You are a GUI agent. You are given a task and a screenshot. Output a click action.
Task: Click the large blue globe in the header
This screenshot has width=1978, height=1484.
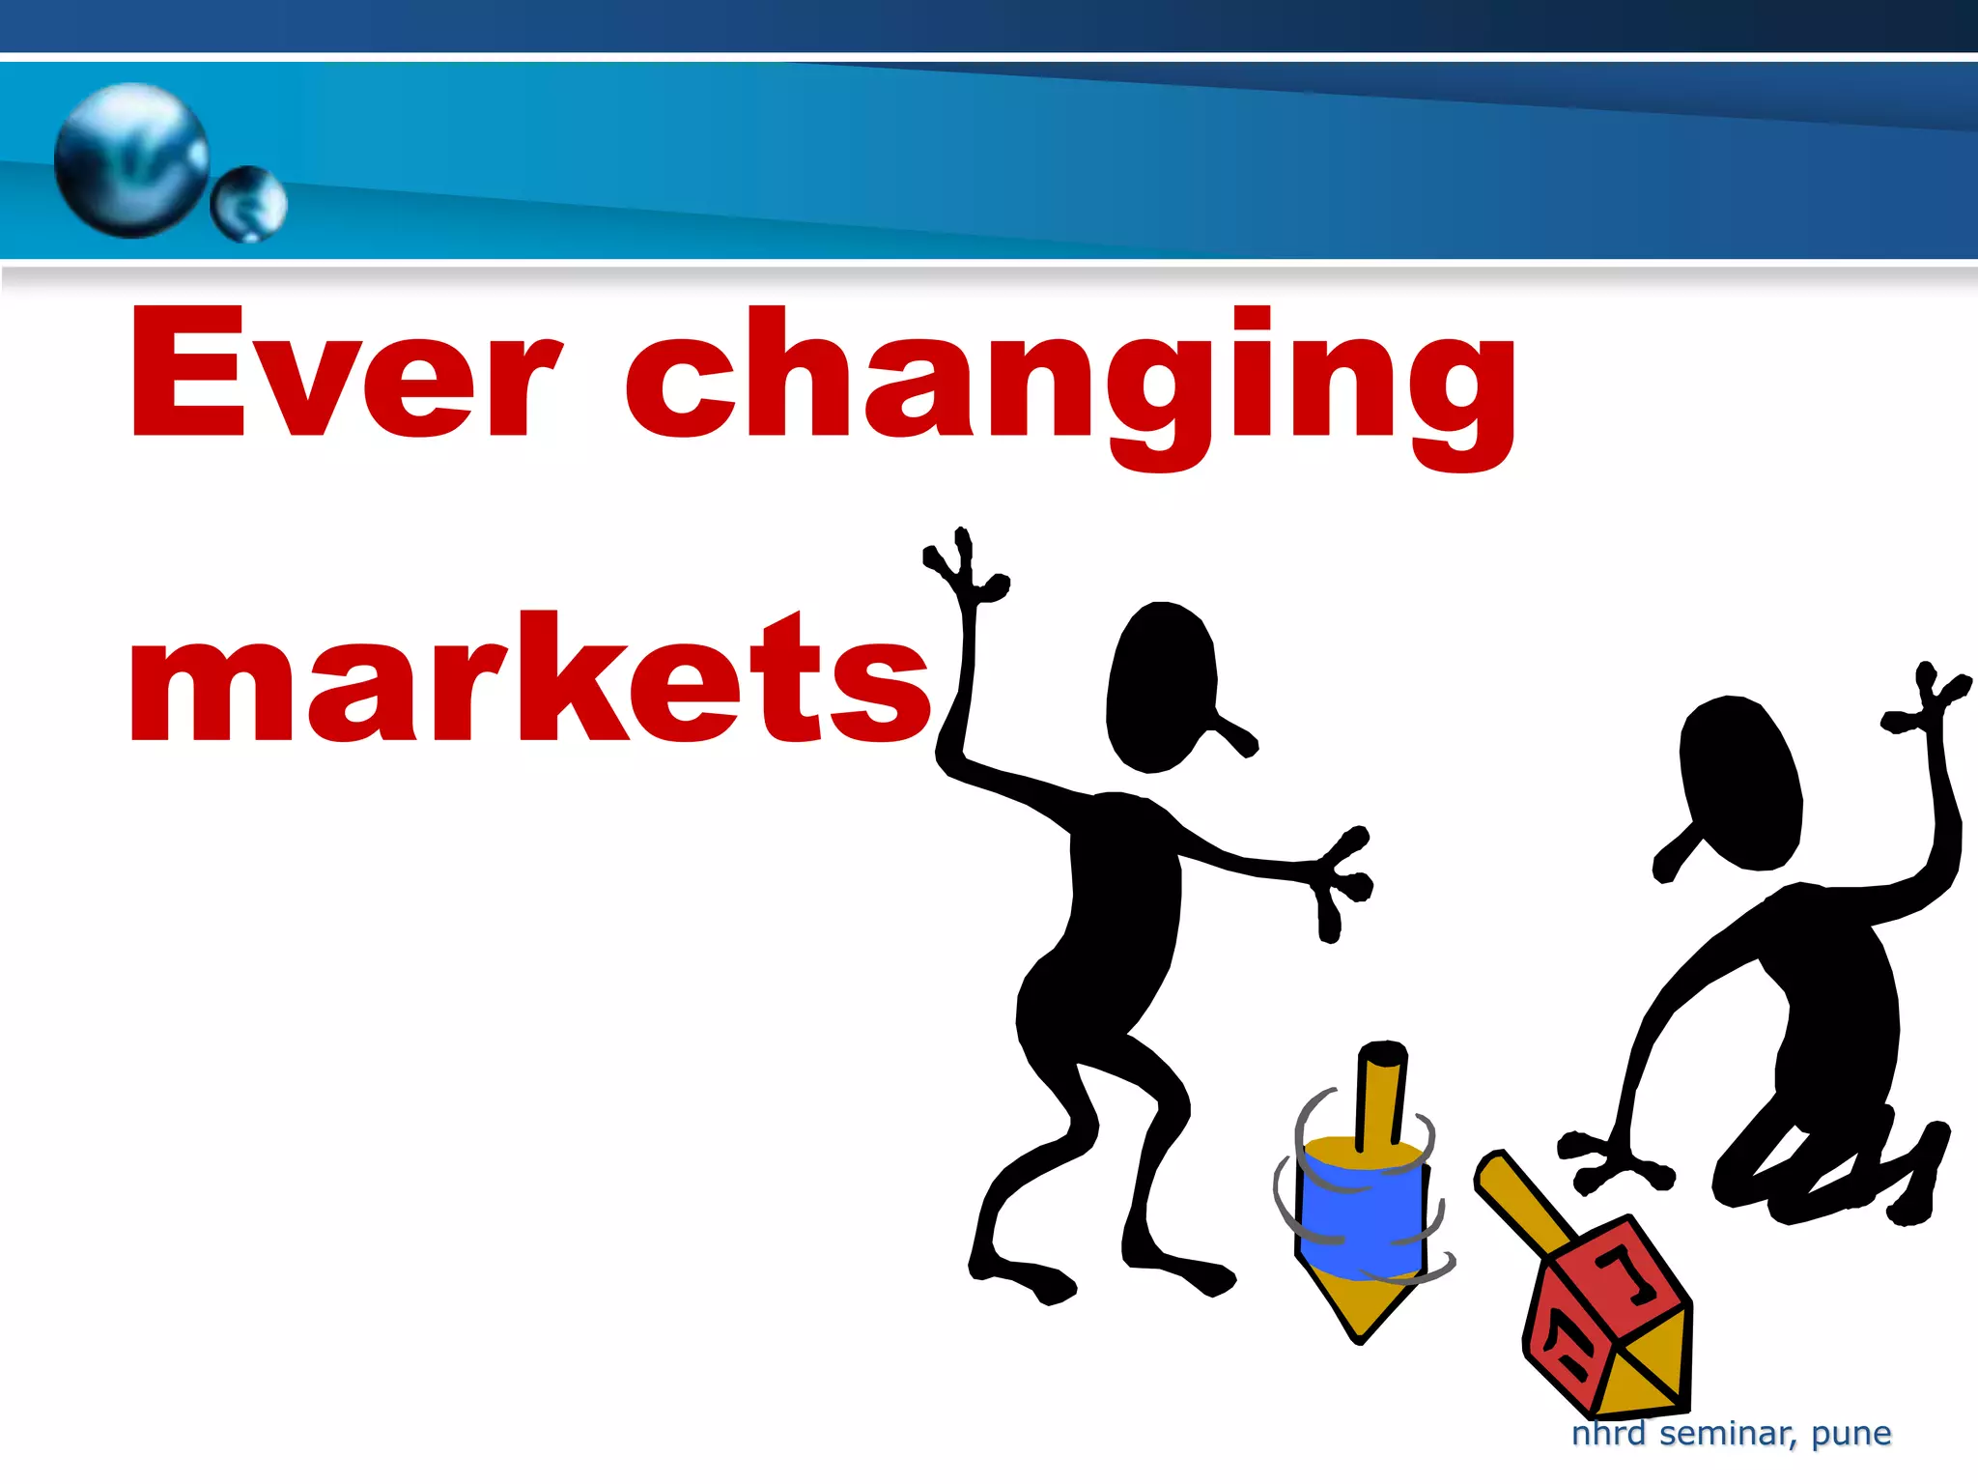pyautogui.click(x=131, y=159)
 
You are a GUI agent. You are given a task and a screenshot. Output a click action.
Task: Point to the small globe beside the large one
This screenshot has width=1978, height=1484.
pyautogui.click(x=249, y=204)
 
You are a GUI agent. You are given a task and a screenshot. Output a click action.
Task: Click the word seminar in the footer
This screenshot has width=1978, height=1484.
pyautogui.click(x=1728, y=1434)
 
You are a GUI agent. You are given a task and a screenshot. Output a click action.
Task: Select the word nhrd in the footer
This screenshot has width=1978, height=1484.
pyautogui.click(x=1608, y=1433)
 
